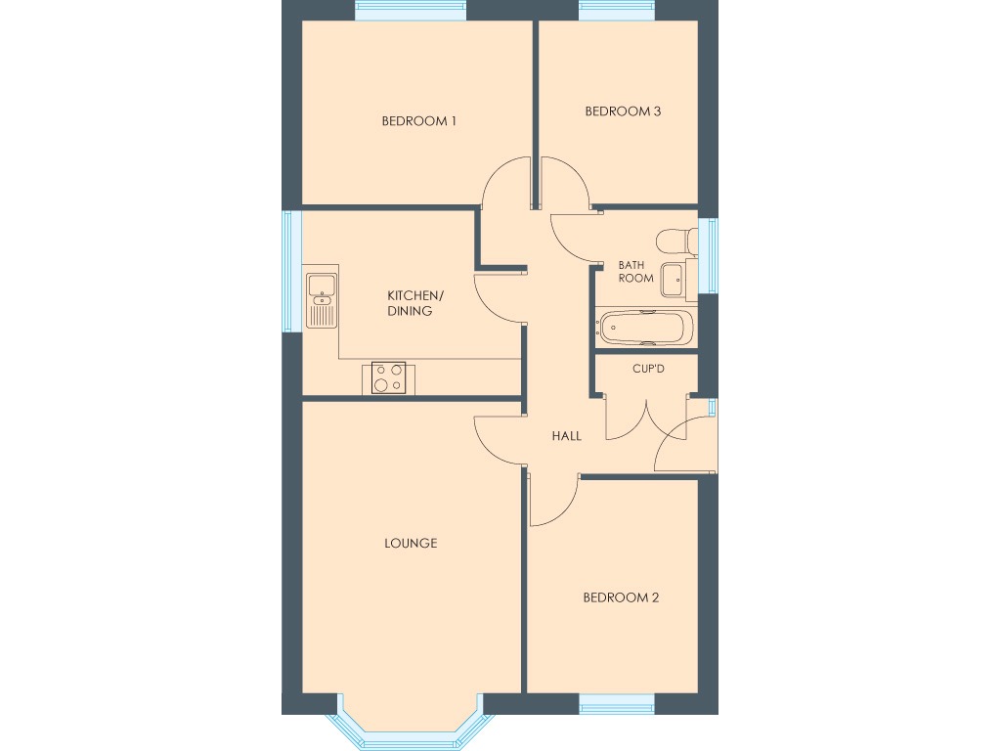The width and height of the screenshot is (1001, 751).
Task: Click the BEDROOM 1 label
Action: click(419, 121)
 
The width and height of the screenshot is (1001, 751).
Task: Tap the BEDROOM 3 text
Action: click(623, 111)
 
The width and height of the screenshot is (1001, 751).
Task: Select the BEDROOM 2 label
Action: click(621, 597)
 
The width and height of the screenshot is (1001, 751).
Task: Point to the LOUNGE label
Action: click(411, 543)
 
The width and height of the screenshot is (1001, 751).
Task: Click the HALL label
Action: click(566, 436)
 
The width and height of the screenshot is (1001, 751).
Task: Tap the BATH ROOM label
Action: click(635, 272)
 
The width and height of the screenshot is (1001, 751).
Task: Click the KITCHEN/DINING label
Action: click(415, 303)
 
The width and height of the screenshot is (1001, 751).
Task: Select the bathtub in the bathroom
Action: click(645, 328)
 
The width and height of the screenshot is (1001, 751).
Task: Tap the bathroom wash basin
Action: click(674, 280)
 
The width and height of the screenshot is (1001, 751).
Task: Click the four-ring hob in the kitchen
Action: click(388, 377)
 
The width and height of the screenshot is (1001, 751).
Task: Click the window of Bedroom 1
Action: click(410, 10)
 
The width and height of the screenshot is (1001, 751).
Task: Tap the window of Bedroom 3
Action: click(616, 10)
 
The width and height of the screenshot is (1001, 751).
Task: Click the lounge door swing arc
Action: click(494, 440)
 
